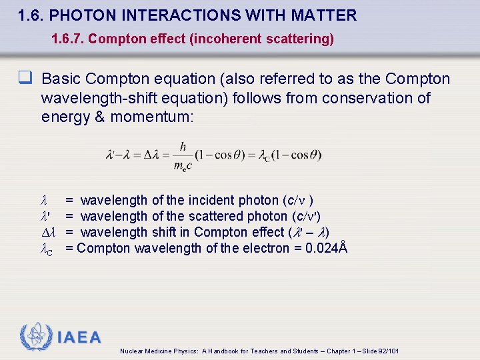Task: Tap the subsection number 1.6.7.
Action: pyautogui.click(x=67, y=39)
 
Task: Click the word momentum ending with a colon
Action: pyautogui.click(x=151, y=117)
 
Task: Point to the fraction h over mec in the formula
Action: pyautogui.click(x=182, y=155)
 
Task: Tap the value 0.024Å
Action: pyautogui.click(x=325, y=248)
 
